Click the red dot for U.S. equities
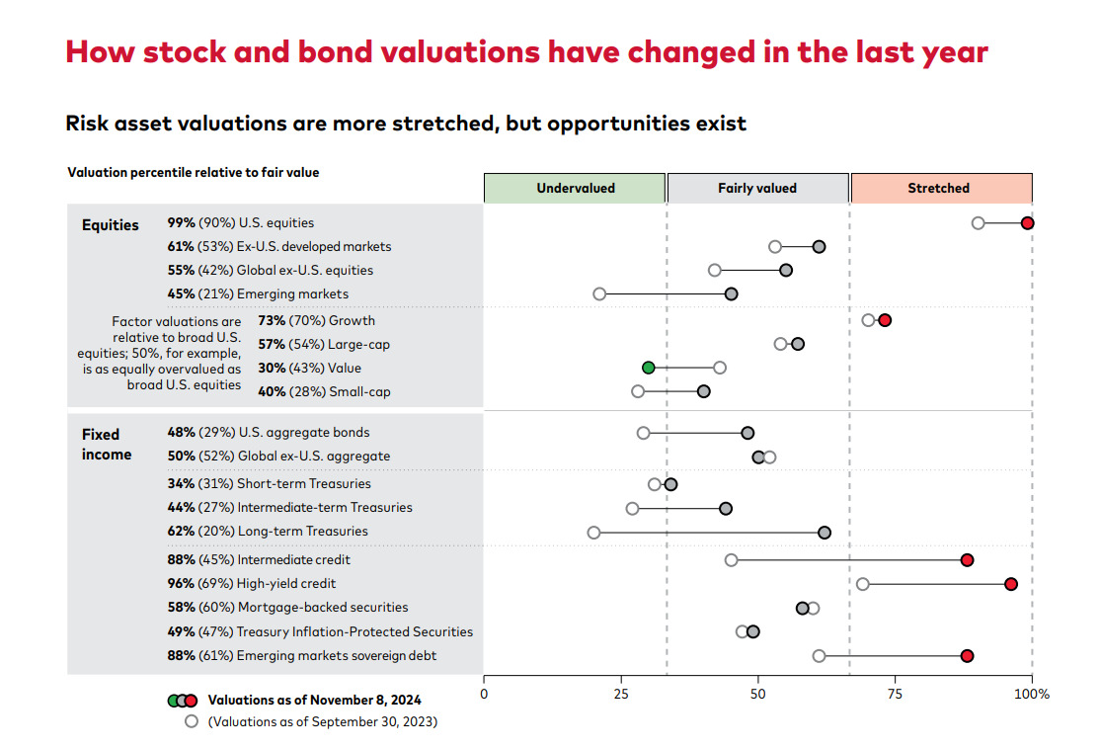1027,223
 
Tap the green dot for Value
648,368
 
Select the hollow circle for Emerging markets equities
599,293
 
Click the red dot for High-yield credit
1011,584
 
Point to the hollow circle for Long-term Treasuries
593,533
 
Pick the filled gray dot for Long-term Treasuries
825,533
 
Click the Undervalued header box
575,188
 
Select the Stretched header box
941,188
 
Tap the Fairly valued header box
757,188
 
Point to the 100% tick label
1033,694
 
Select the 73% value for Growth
272,320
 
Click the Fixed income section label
106,444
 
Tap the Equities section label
110,224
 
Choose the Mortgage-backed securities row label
322,607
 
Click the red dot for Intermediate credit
967,560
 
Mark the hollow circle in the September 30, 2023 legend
192,721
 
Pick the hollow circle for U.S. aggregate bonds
643,433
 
